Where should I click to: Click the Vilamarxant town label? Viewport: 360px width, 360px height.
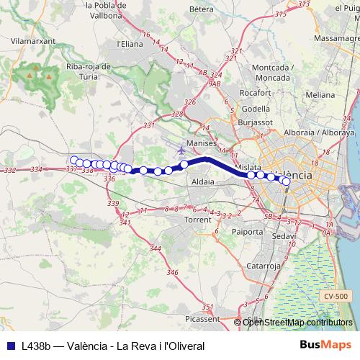coord(29,43)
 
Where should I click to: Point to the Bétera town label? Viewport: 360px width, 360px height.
coord(202,9)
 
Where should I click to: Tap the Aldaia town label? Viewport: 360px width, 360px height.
coord(204,182)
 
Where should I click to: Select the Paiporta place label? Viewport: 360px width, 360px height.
coord(248,232)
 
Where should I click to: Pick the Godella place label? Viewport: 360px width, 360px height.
coord(256,109)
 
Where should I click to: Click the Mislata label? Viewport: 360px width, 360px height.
coord(249,165)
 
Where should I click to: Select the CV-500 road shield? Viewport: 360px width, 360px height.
coord(336,296)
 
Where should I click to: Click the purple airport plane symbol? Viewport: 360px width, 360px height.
coord(179,150)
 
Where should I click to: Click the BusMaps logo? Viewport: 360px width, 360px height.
coord(325,346)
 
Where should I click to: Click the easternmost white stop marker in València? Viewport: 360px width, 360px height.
coord(286,181)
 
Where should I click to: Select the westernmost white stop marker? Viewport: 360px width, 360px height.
coord(73,161)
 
